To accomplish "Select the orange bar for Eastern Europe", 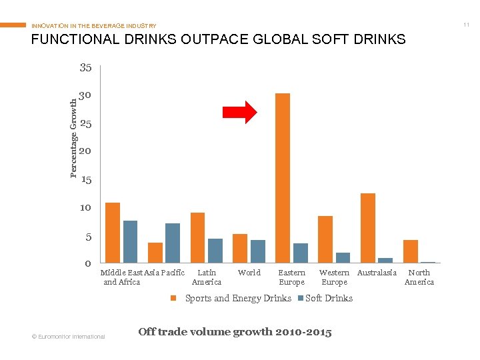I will (x=283, y=178).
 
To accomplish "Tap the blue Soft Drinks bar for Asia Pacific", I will (x=173, y=243).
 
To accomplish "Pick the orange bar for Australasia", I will (x=368, y=228).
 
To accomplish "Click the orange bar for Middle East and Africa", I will (x=113, y=232).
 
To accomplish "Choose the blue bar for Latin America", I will (x=215, y=251).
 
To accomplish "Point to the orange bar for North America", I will (x=411, y=251).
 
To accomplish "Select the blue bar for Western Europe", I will (x=343, y=257).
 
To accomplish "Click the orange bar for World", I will (x=240, y=248).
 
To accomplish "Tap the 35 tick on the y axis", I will (x=85, y=67).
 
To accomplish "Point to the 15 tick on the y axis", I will (x=85, y=180).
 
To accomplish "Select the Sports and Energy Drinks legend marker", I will (x=173, y=298).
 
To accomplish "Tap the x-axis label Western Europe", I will (x=334, y=277).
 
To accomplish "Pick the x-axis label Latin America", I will (x=207, y=277).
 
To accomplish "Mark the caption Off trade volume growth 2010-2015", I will (x=234, y=331).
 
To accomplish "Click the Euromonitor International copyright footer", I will (x=69, y=336).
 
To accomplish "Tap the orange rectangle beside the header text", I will (x=13, y=25).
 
